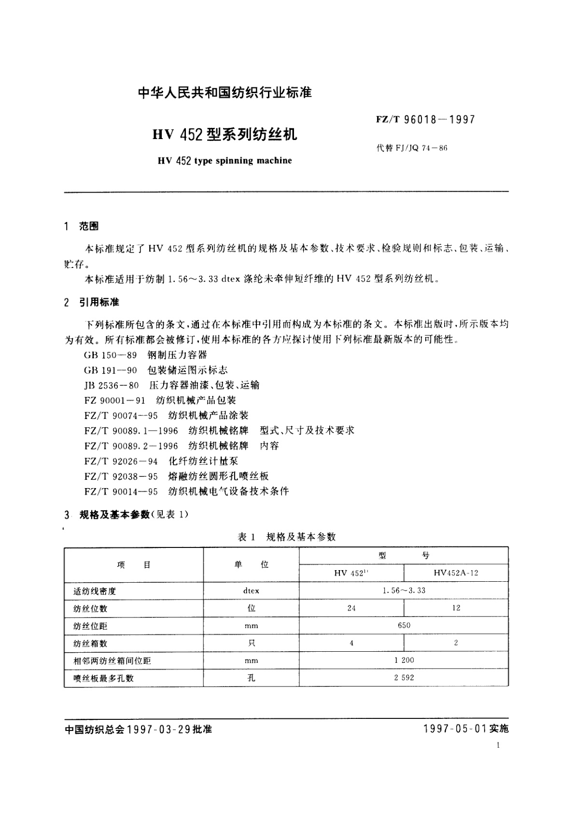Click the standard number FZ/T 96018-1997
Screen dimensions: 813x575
pos(425,119)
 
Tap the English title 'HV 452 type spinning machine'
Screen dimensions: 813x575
pos(225,161)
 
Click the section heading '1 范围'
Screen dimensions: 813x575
pos(81,226)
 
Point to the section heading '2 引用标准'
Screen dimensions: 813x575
pos(91,303)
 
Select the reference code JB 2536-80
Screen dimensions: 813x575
pos(111,385)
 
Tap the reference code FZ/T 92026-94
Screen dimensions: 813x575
pos(121,462)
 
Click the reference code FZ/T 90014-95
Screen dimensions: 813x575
pos(121,491)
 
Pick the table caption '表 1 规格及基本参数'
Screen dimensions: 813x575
pos(287,537)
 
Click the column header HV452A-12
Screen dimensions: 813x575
pos(456,573)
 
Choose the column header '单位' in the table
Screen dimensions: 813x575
pos(251,565)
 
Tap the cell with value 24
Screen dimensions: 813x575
pos(351,608)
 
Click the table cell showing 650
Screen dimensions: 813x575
pos(404,626)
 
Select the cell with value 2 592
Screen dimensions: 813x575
pos(404,678)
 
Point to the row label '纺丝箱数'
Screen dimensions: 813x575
pos(90,644)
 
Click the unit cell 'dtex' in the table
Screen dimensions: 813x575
pos(251,591)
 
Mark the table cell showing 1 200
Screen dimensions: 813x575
pos(404,660)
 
